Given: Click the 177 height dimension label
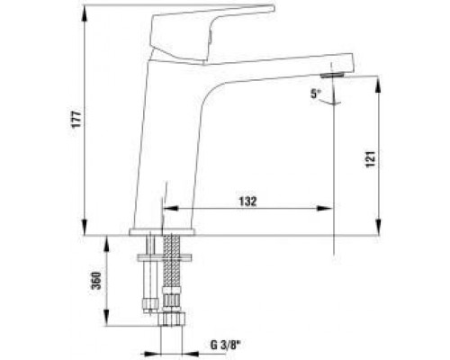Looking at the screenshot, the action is point(76,120).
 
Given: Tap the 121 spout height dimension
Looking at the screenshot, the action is point(371,159).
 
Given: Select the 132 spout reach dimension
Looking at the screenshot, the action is point(248,202).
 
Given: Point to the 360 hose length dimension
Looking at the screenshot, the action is point(96,281).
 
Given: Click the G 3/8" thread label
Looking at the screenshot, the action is point(226,346).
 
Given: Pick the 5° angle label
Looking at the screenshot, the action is point(315,94).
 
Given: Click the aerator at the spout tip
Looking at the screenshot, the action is point(332,75).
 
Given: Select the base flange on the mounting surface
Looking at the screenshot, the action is point(162,231).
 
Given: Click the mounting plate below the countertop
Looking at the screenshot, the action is point(164,257).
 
